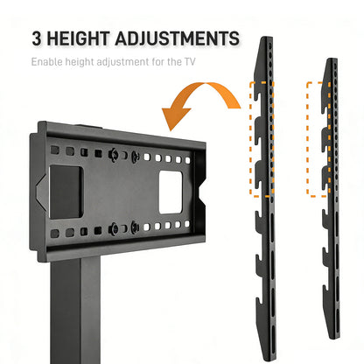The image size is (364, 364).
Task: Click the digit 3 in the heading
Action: pos(37,38)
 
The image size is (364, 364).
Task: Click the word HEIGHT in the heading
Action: pos(78,38)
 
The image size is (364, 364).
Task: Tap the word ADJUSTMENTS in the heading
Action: pos(178,38)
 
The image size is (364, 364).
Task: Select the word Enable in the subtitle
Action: pos(46,62)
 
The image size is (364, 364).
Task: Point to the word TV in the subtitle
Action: pos(190,62)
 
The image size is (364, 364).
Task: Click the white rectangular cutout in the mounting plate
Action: pos(171,192)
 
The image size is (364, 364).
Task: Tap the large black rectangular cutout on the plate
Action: pos(66,192)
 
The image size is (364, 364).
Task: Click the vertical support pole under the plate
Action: pos(75,311)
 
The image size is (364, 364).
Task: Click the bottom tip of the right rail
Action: pos(335,338)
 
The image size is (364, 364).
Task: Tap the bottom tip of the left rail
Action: pos(269,359)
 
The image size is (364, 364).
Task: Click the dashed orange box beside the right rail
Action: pos(308,139)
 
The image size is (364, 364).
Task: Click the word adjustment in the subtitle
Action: pos(122,62)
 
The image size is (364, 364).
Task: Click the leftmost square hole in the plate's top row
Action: pos(55,150)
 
